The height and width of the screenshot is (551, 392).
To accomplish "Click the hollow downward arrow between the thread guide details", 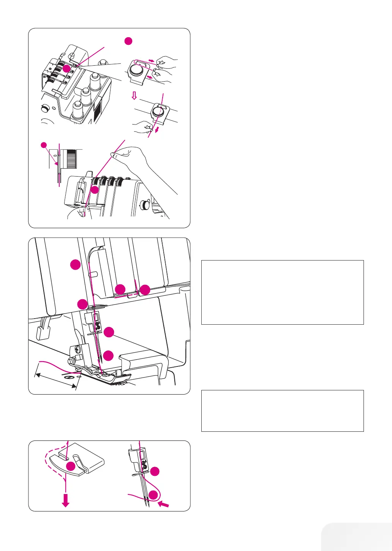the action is point(134,96).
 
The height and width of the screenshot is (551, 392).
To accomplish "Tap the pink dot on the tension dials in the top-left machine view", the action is point(66,68).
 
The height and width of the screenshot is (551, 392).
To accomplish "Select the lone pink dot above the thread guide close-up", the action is point(128,41).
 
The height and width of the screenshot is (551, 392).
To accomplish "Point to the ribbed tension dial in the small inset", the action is point(70,158).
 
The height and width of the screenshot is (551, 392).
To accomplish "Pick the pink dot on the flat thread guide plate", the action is point(70,466).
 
